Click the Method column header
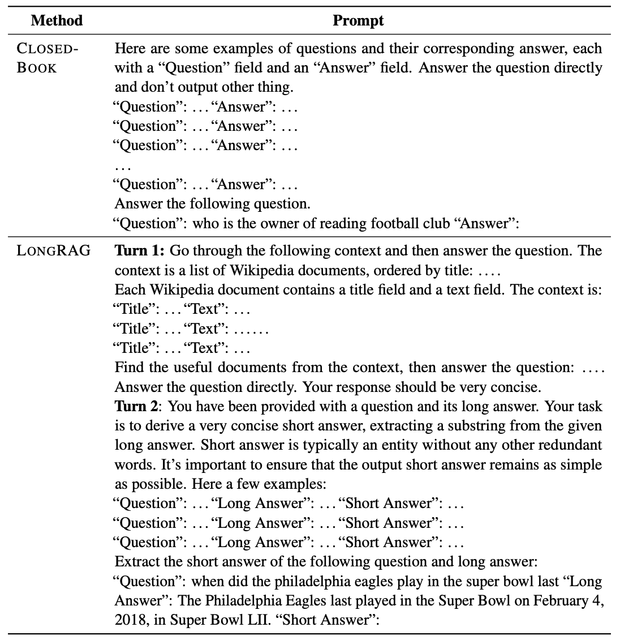[57, 21]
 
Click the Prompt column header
[358, 21]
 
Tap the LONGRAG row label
[54, 251]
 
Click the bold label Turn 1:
[140, 251]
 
